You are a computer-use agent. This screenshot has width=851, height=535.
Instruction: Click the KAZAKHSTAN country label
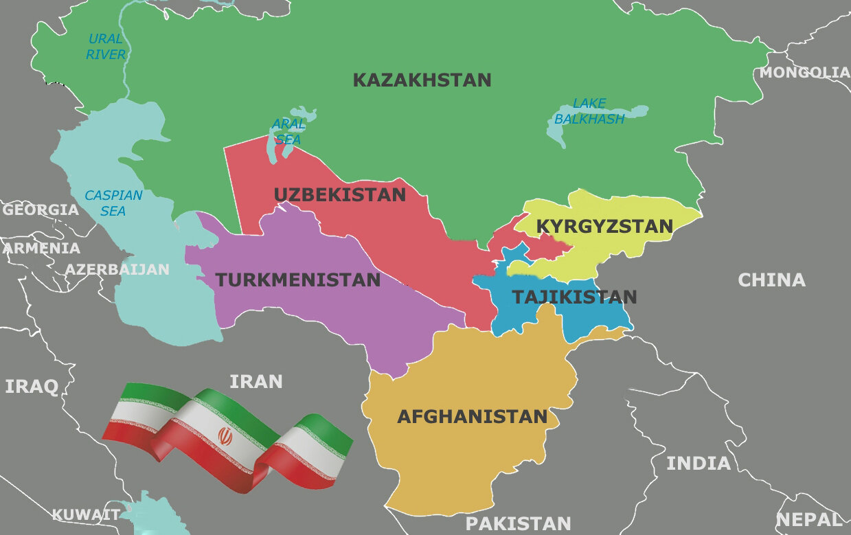pyautogui.click(x=422, y=80)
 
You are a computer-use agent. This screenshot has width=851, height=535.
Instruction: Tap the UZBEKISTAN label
pyautogui.click(x=340, y=194)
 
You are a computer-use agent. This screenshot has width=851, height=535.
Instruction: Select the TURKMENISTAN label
pyautogui.click(x=298, y=280)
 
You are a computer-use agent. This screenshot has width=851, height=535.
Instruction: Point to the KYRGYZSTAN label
pyautogui.click(x=604, y=226)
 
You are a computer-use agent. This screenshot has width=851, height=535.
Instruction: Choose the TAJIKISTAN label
pyautogui.click(x=574, y=297)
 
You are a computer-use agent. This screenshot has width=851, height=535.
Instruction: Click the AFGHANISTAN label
pyautogui.click(x=472, y=416)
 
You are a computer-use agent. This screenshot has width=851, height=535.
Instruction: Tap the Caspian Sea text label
pyautogui.click(x=113, y=203)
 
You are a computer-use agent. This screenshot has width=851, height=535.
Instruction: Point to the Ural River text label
pyautogui.click(x=106, y=47)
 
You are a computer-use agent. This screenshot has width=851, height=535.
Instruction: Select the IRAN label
pyautogui.click(x=256, y=381)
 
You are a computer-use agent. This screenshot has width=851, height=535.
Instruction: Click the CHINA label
pyautogui.click(x=771, y=280)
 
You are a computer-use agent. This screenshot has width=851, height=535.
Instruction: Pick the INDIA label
pyautogui.click(x=699, y=463)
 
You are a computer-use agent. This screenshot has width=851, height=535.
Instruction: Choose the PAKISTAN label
pyautogui.click(x=518, y=523)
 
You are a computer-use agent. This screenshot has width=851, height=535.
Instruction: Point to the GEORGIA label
pyautogui.click(x=40, y=209)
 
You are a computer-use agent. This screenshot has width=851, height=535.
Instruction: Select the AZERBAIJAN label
pyautogui.click(x=117, y=269)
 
